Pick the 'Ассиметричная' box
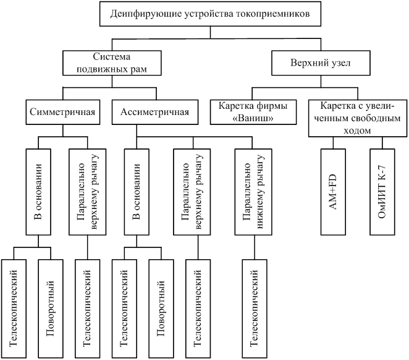point(154,113)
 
